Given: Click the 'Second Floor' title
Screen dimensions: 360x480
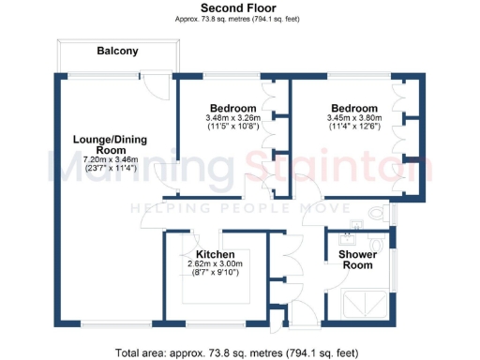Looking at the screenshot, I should point(239,7).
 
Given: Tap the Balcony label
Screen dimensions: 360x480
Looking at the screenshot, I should point(118,52).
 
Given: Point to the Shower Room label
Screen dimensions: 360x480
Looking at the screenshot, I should point(355,259).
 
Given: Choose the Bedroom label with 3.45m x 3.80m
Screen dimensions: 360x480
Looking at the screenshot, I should point(353,108).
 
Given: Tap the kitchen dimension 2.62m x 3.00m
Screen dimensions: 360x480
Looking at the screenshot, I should point(215,264).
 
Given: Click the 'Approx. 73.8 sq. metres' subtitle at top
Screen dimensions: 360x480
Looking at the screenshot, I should point(239,18).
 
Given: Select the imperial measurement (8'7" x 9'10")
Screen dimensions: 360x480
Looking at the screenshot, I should point(215,275).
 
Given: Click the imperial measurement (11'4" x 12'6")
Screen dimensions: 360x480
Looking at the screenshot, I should point(353,127).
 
